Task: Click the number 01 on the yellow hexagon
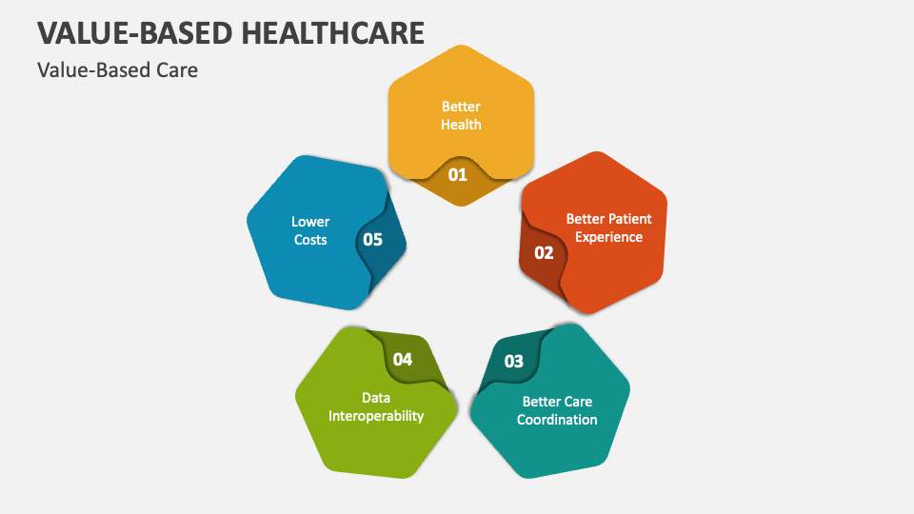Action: pos(458,175)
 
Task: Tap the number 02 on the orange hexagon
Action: pos(544,253)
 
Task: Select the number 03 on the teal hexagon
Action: pos(513,361)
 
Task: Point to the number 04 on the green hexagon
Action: pos(403,360)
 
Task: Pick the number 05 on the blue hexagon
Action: pos(372,240)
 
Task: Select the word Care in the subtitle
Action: pos(175,69)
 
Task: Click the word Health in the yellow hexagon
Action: pos(461,125)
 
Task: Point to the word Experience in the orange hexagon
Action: pos(608,237)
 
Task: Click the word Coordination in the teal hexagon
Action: pos(557,420)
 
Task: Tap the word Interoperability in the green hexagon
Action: pos(376,416)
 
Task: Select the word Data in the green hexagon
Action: pos(376,398)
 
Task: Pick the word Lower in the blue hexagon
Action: pos(310,222)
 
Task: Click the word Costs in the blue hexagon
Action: pos(310,240)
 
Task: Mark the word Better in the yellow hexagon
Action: pos(461,107)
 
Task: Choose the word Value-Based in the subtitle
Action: pos(92,69)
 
